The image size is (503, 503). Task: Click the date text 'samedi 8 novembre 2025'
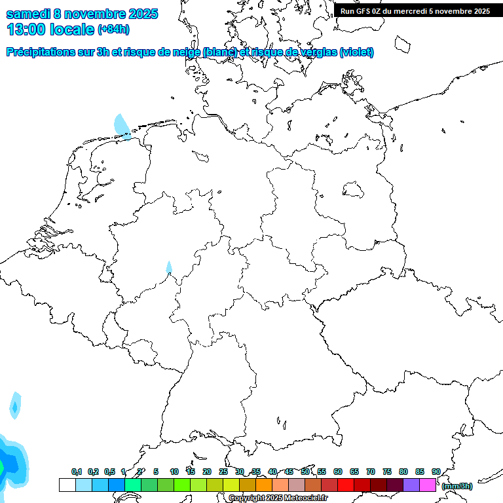[82, 14]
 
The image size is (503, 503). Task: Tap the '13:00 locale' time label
[50, 29]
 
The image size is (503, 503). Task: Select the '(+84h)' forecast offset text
[114, 29]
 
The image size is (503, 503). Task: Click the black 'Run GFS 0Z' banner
[415, 10]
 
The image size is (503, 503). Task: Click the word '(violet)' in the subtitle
[356, 52]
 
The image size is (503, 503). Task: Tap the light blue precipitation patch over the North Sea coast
[122, 126]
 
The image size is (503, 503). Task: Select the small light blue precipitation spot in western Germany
[169, 267]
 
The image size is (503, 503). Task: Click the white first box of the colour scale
[67, 485]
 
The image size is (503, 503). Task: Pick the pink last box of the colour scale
[428, 485]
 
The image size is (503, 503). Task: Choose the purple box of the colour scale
[411, 485]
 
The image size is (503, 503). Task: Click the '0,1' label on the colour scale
[77, 472]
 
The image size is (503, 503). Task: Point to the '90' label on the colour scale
[436, 472]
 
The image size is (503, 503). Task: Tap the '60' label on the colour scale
[338, 472]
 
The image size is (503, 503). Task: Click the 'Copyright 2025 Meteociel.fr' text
[278, 498]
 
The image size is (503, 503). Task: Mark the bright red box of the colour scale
[346, 485]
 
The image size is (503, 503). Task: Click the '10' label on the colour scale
[174, 472]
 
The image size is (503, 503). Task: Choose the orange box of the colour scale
[264, 485]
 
